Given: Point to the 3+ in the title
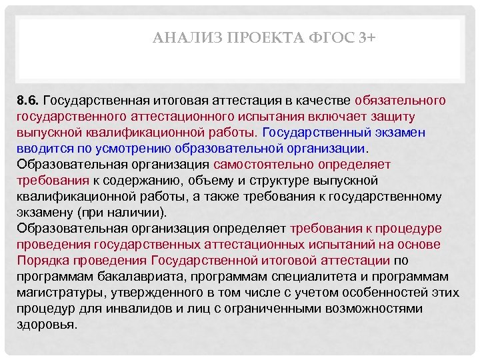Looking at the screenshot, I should (x=367, y=38).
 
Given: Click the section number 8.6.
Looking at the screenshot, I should (x=29, y=101).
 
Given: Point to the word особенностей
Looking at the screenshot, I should (x=383, y=292).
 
